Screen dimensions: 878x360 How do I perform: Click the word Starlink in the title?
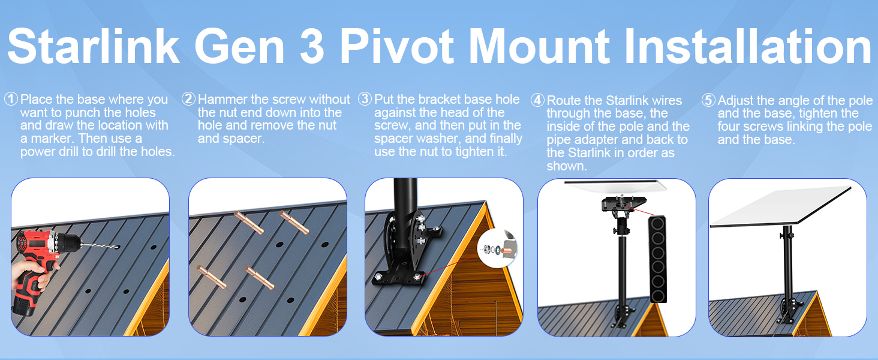tap(94, 46)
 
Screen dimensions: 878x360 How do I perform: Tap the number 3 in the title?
tap(312, 46)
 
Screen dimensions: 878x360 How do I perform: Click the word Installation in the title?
tap(748, 46)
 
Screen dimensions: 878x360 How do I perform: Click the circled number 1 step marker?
tap(11, 99)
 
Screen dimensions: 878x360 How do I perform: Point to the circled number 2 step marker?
tap(188, 99)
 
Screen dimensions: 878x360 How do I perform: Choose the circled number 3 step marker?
tap(365, 99)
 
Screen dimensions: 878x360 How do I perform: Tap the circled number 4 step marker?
tap(537, 100)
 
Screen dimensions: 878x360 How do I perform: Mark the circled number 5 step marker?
tap(708, 100)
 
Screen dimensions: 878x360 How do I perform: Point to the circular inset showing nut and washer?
tap(497, 248)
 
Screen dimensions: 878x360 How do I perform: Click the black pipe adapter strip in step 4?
tap(657, 259)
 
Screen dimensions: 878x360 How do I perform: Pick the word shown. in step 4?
tap(567, 166)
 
